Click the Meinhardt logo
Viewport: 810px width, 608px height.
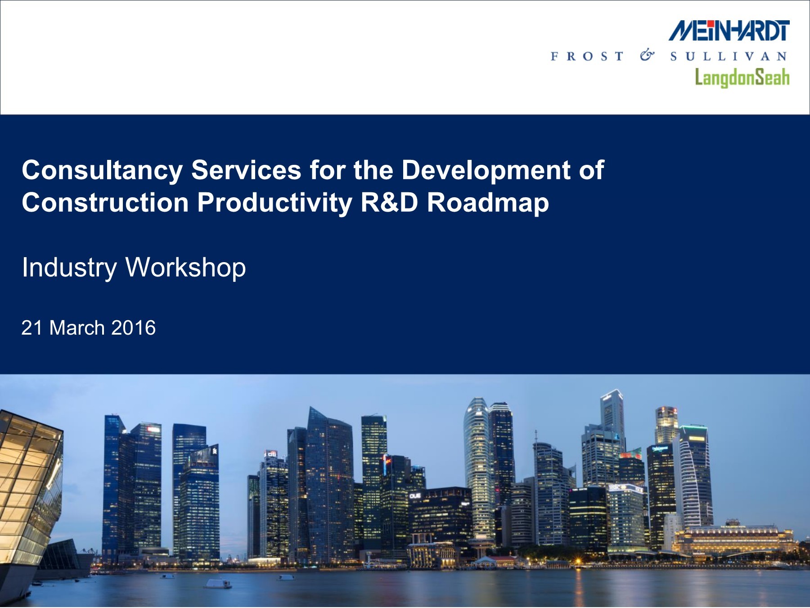729,31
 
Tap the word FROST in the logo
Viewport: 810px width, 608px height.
587,56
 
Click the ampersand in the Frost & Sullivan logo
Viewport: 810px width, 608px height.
647,55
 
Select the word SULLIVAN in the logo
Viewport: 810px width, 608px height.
729,56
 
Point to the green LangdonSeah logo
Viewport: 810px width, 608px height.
742,77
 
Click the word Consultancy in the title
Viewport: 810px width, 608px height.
102,171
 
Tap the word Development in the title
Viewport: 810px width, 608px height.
486,171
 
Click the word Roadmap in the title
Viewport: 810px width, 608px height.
488,203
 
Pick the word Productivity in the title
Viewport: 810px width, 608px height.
275,203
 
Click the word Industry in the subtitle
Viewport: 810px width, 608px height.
69,268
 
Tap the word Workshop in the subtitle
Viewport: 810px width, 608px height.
185,268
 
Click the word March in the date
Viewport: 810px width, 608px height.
77,328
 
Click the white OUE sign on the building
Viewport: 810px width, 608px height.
415,496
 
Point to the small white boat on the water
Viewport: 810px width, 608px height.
218,584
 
